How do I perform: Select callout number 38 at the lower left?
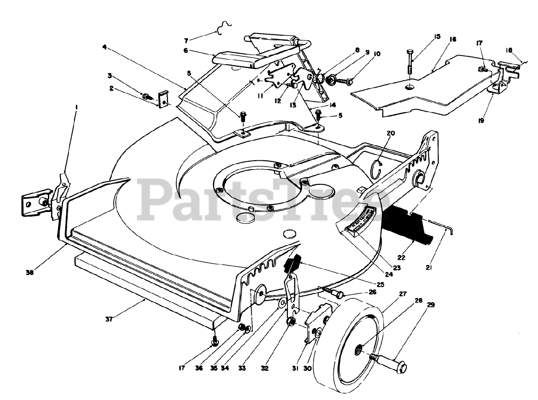click(x=30, y=272)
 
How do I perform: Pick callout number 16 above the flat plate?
click(x=453, y=39)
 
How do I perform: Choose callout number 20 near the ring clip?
click(x=391, y=133)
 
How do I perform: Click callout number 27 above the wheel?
click(x=403, y=294)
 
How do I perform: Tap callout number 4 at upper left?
click(x=104, y=47)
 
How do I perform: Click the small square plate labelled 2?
click(x=164, y=99)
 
